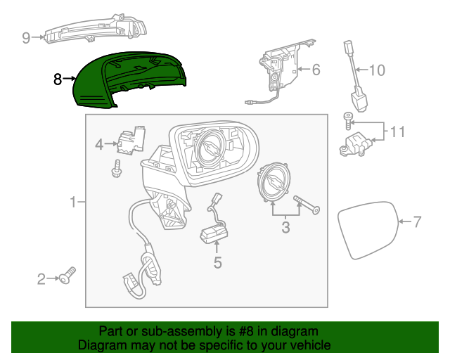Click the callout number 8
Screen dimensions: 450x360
coord(58,79)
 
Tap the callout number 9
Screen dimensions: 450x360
coord(26,38)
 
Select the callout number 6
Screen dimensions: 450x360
coord(316,70)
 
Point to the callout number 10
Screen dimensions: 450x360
coord(378,70)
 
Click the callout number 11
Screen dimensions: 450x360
coord(398,131)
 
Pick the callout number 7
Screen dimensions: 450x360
coord(417,223)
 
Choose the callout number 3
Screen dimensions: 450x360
coord(285,227)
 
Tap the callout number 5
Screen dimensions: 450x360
coord(217,263)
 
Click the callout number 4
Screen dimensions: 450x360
coord(99,144)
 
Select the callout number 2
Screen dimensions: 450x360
coord(41,280)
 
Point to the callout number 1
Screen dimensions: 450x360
coord(72,203)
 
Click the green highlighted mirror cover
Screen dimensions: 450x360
coord(127,81)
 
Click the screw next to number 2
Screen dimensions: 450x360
coord(68,277)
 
